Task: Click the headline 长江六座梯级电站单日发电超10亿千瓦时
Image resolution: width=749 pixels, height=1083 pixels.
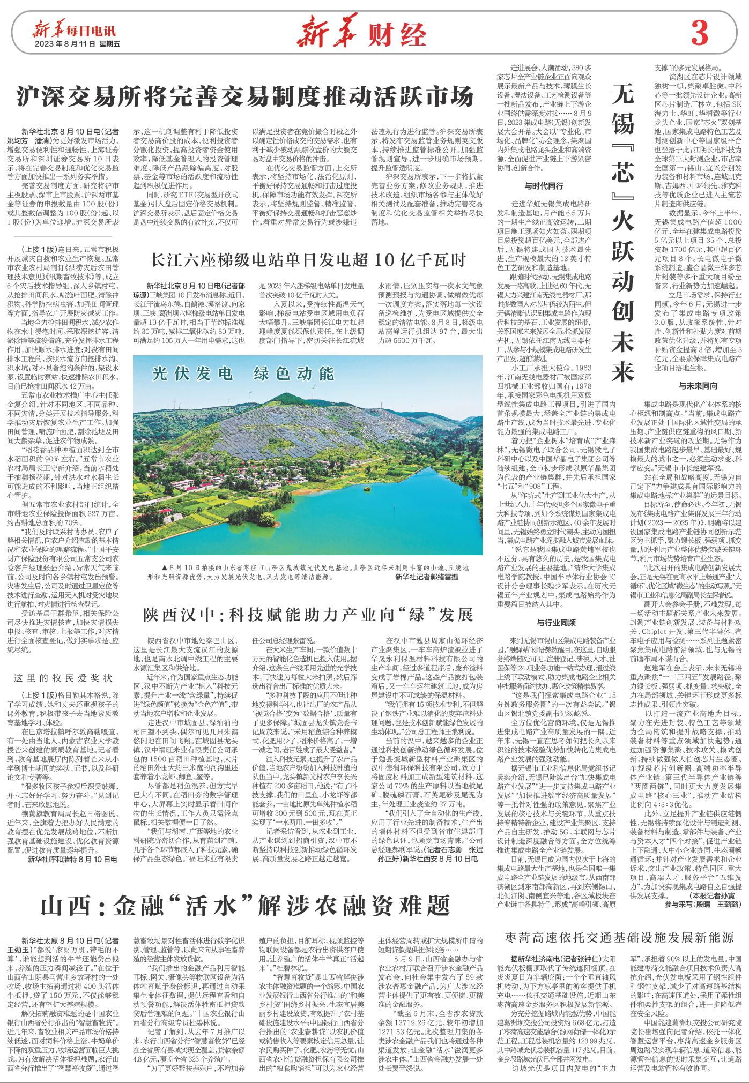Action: click(x=309, y=260)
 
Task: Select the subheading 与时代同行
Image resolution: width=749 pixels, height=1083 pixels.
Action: click(x=544, y=187)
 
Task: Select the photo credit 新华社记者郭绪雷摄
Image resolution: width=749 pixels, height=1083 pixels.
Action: click(x=427, y=592)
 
